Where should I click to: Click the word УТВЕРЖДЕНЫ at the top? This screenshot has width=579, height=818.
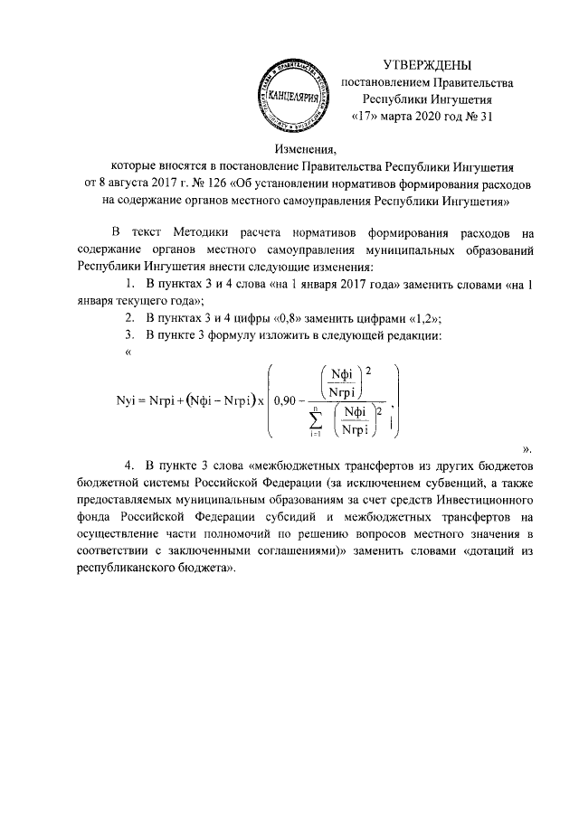(x=428, y=65)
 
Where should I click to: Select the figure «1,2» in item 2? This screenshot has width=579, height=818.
(x=423, y=319)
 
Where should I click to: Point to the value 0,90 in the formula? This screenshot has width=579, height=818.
(x=287, y=400)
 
